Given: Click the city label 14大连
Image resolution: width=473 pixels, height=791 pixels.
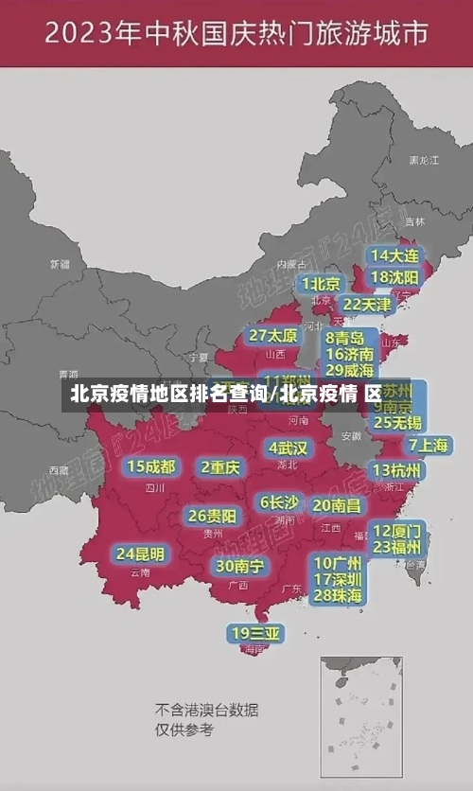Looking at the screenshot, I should pos(395,255).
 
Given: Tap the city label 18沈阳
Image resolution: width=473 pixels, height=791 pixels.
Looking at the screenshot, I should pos(395,276).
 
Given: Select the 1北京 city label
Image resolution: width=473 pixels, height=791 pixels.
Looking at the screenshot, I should pos(322,283).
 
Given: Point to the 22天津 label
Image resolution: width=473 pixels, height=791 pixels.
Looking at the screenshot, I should pos(366,305).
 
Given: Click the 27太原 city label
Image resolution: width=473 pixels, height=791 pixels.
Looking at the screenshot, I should pos(273,336).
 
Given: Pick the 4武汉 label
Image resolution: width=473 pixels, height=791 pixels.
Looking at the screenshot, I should pos(288,447).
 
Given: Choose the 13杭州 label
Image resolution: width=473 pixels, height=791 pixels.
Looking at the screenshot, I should pos(397,470).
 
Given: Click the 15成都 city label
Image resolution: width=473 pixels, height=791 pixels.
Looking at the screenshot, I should pos(151,466).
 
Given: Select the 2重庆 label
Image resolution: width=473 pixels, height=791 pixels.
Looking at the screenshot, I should pos(220,466).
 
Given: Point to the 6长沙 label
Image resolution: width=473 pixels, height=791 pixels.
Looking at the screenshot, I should pos(279,502).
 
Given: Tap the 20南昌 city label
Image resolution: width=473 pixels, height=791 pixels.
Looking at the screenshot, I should pos(337,505).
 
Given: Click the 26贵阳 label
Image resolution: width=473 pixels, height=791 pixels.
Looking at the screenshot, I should pos(212,517).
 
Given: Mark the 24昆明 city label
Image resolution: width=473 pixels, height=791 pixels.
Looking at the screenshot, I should pos(140,554).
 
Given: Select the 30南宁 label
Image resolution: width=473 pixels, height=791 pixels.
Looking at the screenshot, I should pos(239,566).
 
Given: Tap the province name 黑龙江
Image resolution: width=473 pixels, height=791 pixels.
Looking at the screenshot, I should pos(423,161).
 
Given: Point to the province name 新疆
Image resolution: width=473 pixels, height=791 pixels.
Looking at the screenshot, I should pos(61,264).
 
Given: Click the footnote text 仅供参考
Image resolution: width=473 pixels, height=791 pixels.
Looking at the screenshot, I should pos(184,729).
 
